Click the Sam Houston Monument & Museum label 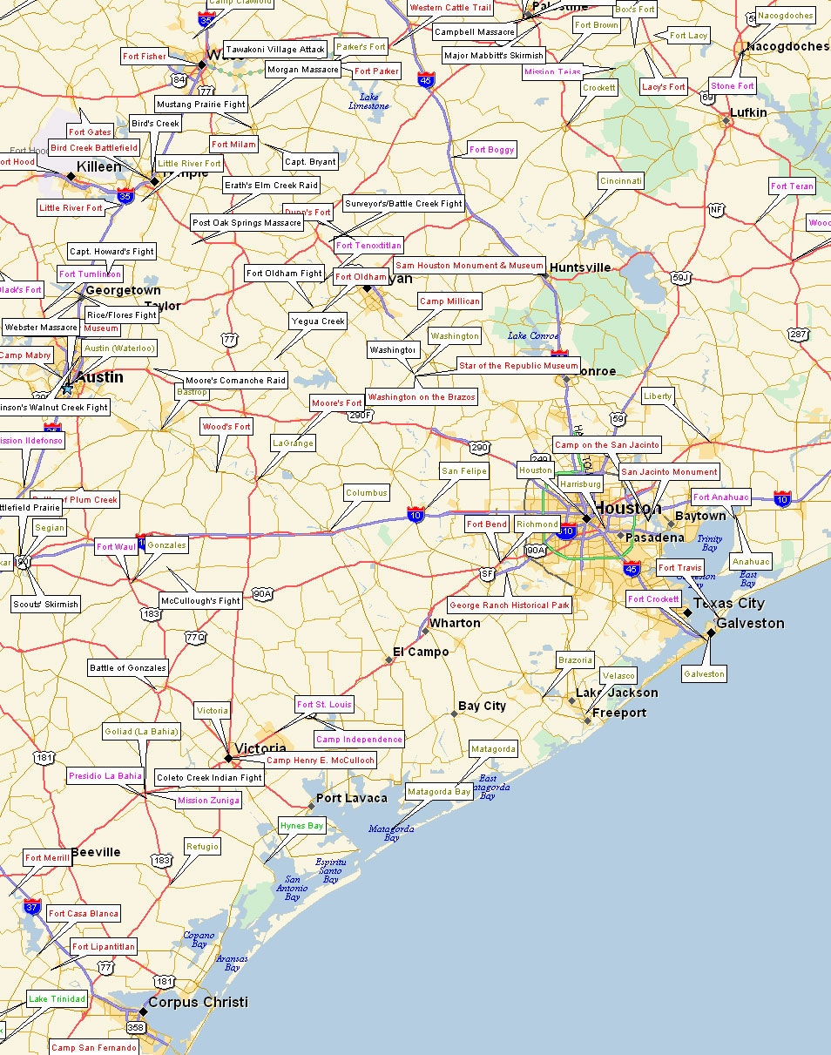(470, 265)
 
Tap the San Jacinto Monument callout (669, 472)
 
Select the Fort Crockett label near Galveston (653, 599)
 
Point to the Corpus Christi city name (198, 1002)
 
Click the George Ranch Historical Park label (510, 605)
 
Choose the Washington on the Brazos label (422, 397)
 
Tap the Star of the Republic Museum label (518, 366)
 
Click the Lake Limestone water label (368, 101)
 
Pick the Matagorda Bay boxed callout (439, 792)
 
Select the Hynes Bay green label (301, 826)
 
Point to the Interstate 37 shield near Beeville (32, 906)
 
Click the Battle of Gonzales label (128, 668)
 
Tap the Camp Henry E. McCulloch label (321, 761)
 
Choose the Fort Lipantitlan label (104, 947)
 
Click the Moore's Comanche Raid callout (235, 381)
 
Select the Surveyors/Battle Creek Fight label (403, 204)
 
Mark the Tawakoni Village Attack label (275, 50)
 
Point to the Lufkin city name (748, 112)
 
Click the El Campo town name (421, 652)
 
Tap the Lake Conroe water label (533, 335)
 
